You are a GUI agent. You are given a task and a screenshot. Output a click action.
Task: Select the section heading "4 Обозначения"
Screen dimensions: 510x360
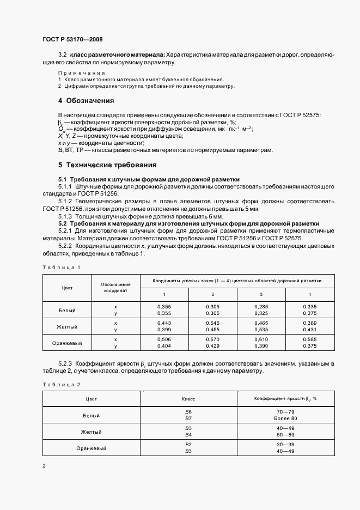tap(86, 101)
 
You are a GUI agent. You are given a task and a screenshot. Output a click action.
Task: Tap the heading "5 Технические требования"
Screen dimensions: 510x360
tap(107, 165)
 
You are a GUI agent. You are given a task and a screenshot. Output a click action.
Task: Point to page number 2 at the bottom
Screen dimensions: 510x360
tap(44, 465)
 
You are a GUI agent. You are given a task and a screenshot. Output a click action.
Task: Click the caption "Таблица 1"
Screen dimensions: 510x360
tap(61, 268)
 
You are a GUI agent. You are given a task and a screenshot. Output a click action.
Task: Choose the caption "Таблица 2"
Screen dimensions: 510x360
tap(61, 385)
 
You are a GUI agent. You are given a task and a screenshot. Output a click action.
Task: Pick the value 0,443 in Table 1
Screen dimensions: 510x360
tap(164, 323)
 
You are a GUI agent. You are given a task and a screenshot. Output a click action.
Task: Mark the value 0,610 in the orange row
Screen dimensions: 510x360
tap(261, 339)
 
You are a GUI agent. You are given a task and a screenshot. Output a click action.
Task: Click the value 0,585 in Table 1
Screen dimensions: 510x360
tap(310, 339)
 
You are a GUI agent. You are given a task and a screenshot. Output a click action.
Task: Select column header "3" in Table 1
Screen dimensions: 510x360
tap(261, 294)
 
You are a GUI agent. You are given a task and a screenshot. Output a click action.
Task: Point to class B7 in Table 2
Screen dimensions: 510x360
tap(188, 418)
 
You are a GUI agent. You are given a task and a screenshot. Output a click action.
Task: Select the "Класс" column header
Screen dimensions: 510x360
tap(188, 399)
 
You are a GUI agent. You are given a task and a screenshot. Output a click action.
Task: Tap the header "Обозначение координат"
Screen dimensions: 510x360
tap(115, 288)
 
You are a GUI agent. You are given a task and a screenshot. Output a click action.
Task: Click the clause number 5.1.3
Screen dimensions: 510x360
tap(66, 216)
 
